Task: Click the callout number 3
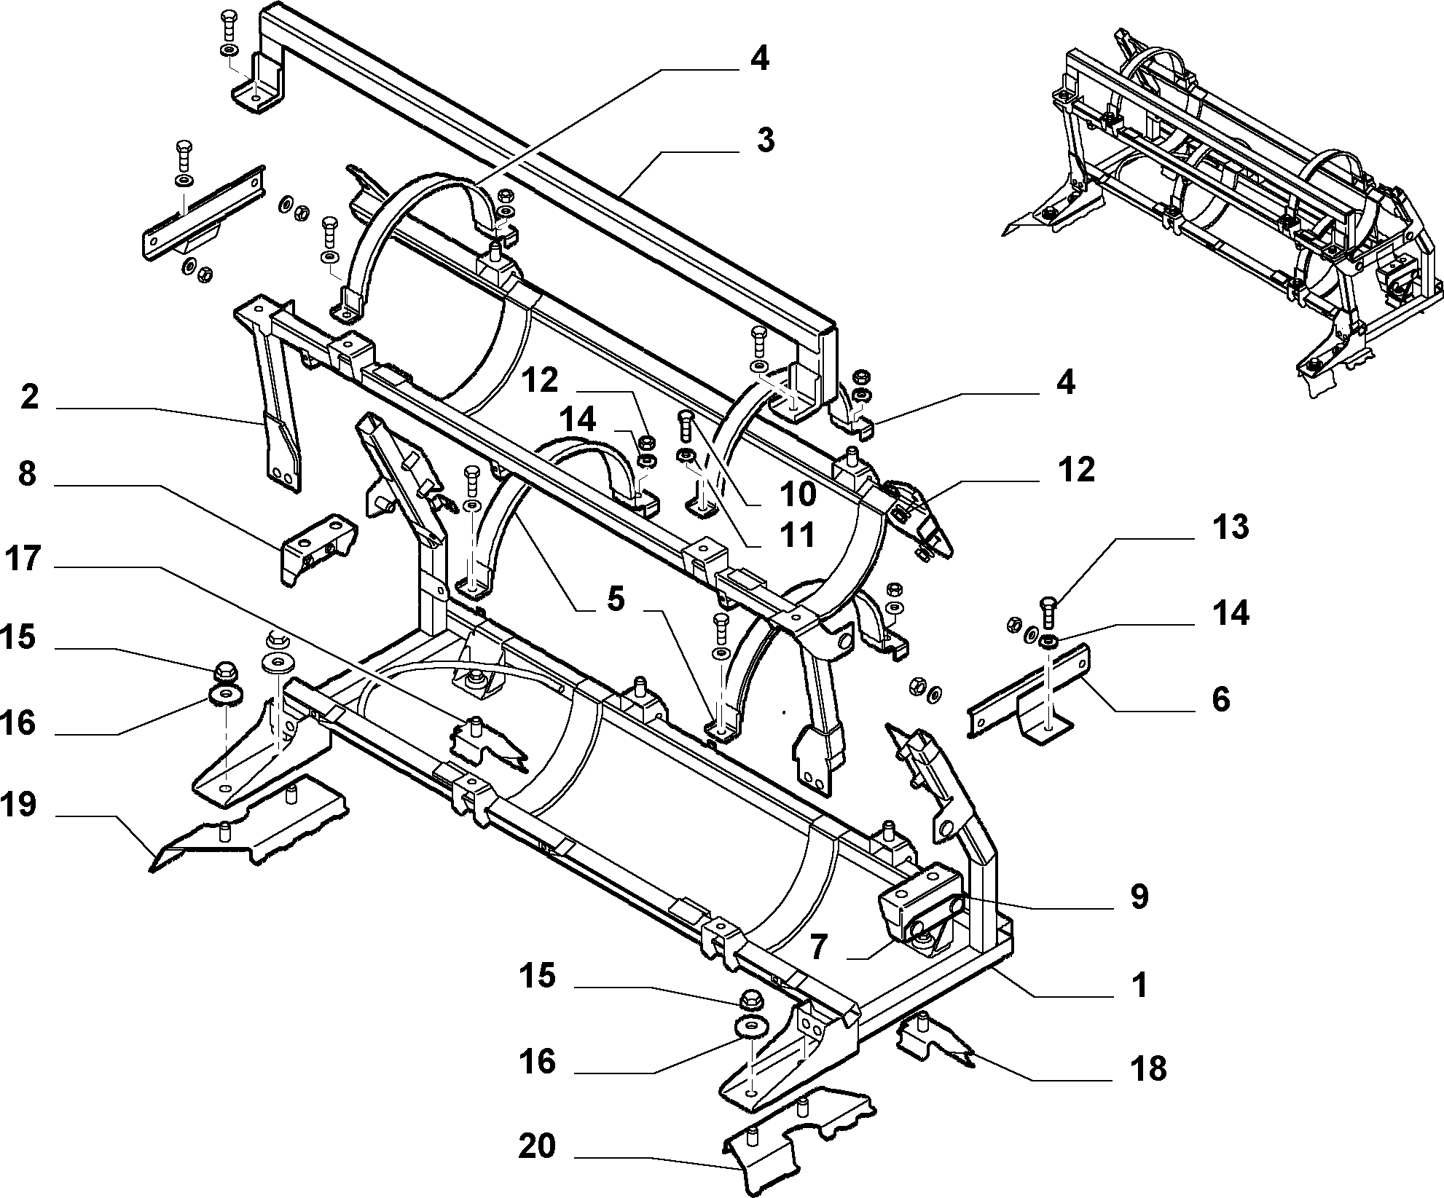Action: coord(764,140)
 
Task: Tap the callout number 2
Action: coord(30,398)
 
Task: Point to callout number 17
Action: coord(23,560)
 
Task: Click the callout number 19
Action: coord(19,806)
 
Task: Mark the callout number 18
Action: coord(1148,1068)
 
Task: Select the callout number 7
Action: coord(819,947)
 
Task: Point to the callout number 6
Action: coord(1220,698)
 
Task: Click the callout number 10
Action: coord(798,494)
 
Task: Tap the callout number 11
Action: coord(797,536)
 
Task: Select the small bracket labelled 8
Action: coord(318,548)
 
